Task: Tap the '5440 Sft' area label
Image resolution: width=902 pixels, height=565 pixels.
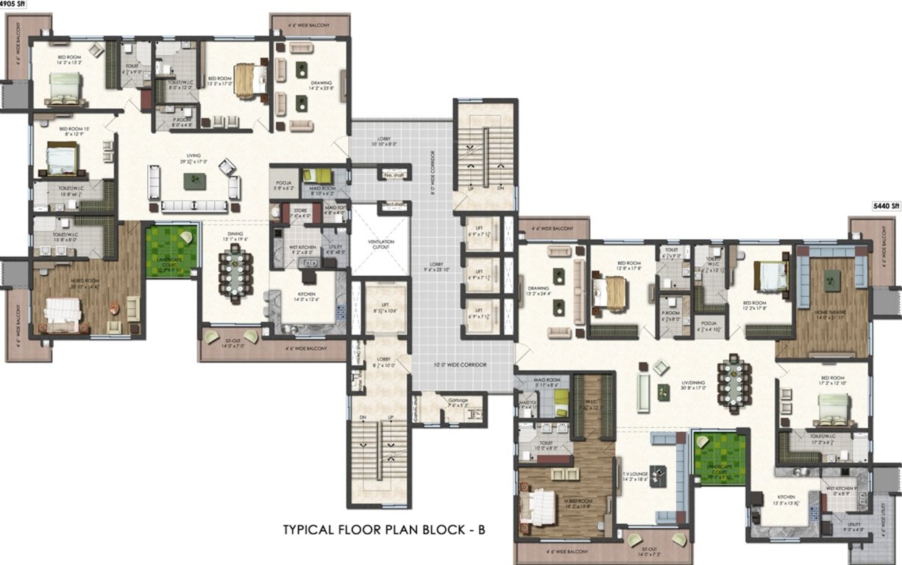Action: (886, 207)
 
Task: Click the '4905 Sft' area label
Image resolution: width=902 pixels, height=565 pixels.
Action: (12, 4)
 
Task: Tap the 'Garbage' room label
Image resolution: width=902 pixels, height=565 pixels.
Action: (458, 401)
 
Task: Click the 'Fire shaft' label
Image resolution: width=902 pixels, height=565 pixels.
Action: (394, 176)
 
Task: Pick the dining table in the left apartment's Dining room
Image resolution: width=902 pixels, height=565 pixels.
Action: (235, 268)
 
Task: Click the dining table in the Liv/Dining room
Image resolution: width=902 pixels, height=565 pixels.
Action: (735, 379)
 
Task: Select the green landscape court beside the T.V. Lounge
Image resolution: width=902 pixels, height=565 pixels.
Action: (719, 457)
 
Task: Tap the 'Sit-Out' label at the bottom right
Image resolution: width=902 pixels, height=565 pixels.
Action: (648, 548)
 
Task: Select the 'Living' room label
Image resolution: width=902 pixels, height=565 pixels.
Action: (193, 157)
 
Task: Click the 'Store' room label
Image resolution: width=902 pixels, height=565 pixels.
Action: (299, 212)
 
